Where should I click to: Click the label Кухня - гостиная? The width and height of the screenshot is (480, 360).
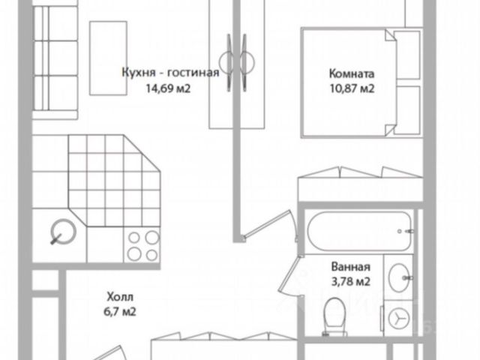pyautogui.click(x=170, y=73)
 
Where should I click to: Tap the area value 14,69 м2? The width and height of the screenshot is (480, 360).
pyautogui.click(x=170, y=88)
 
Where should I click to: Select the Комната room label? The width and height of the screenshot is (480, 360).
pyautogui.click(x=351, y=74)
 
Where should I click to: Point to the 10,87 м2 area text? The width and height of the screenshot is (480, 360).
pyautogui.click(x=351, y=89)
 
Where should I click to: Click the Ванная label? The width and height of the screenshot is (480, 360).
pyautogui.click(x=351, y=267)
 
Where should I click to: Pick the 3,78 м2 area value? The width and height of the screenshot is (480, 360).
pyautogui.click(x=351, y=282)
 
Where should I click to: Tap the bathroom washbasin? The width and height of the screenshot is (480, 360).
pyautogui.click(x=401, y=276)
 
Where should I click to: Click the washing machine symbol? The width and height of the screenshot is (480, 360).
pyautogui.click(x=401, y=319)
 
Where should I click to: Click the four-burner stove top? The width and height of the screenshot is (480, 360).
pyautogui.click(x=142, y=246)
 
